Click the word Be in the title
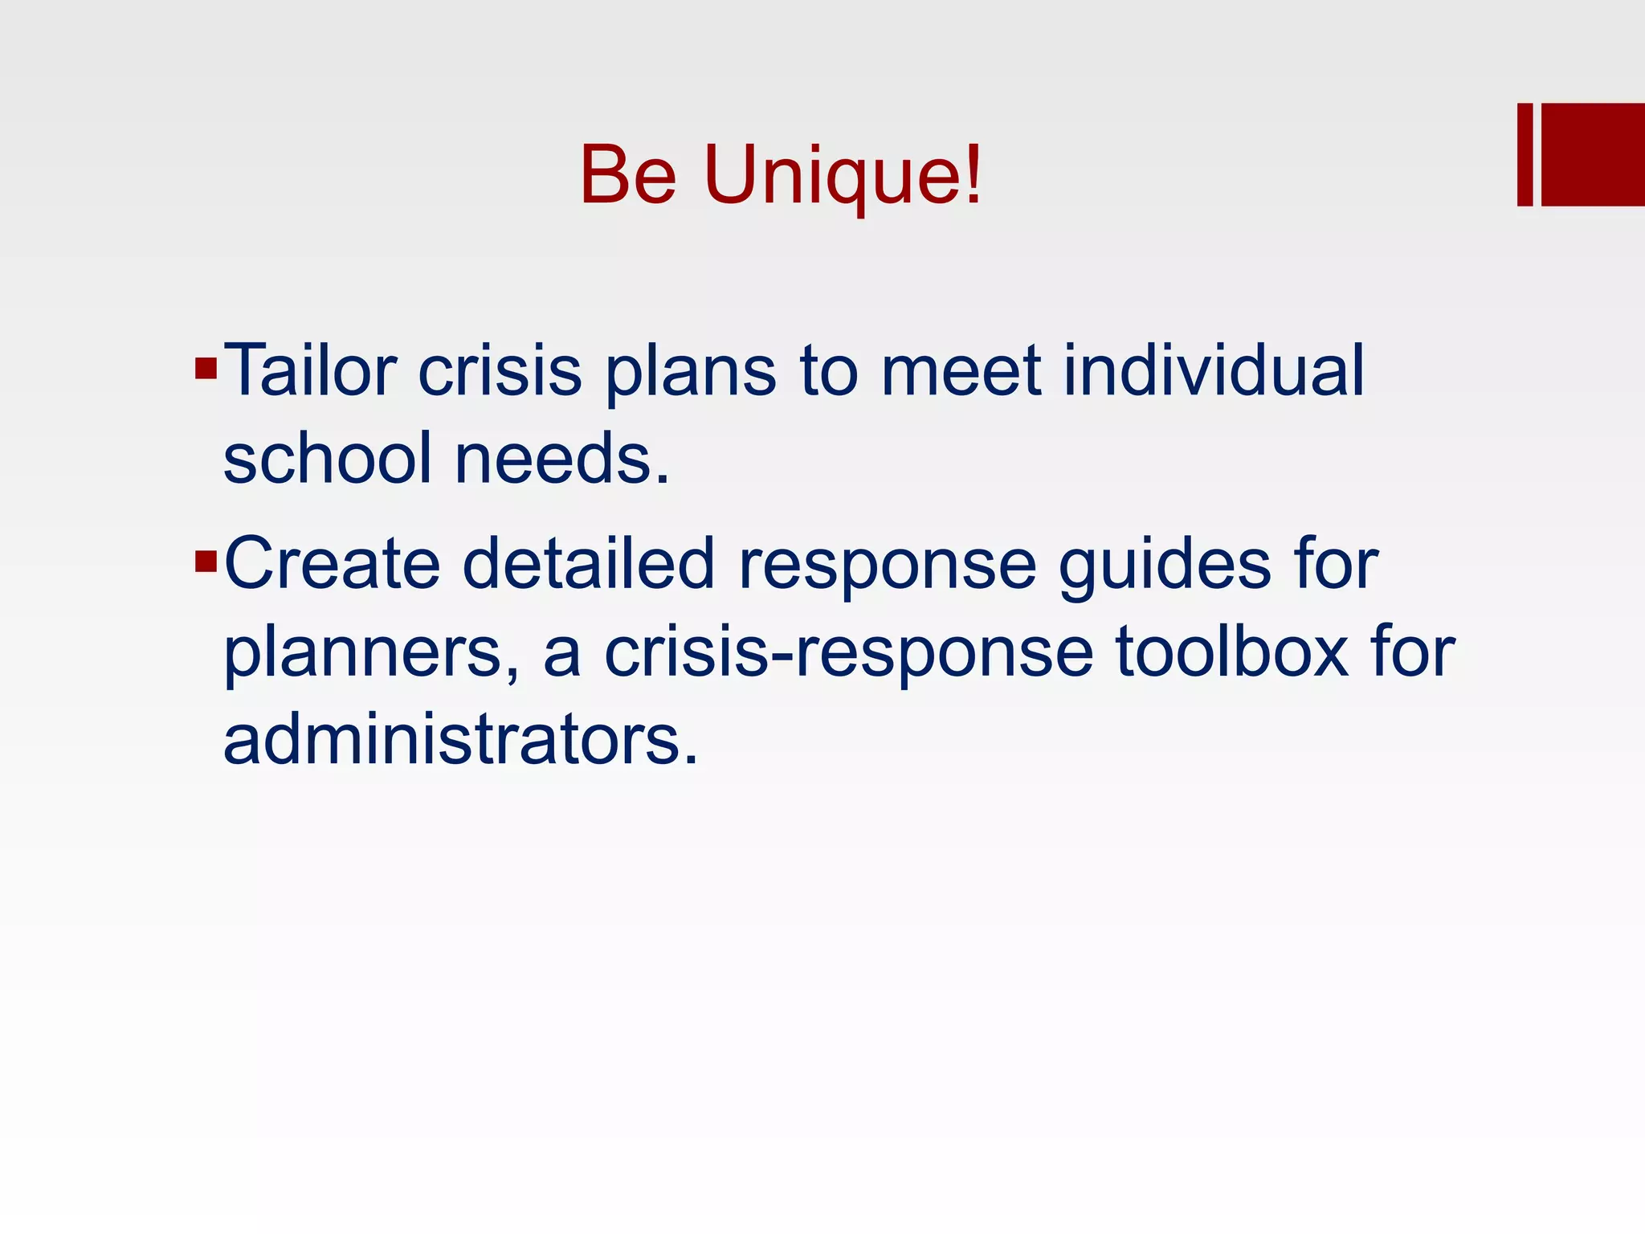coord(628,175)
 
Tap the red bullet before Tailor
coord(206,369)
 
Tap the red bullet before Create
coord(206,561)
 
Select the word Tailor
coord(310,370)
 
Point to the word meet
coord(961,370)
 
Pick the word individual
coord(1214,370)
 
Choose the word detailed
coord(588,563)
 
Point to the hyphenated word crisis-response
coord(848,652)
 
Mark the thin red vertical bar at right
coord(1525,154)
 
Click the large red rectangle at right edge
coord(1593,154)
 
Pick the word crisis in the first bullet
coord(500,370)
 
